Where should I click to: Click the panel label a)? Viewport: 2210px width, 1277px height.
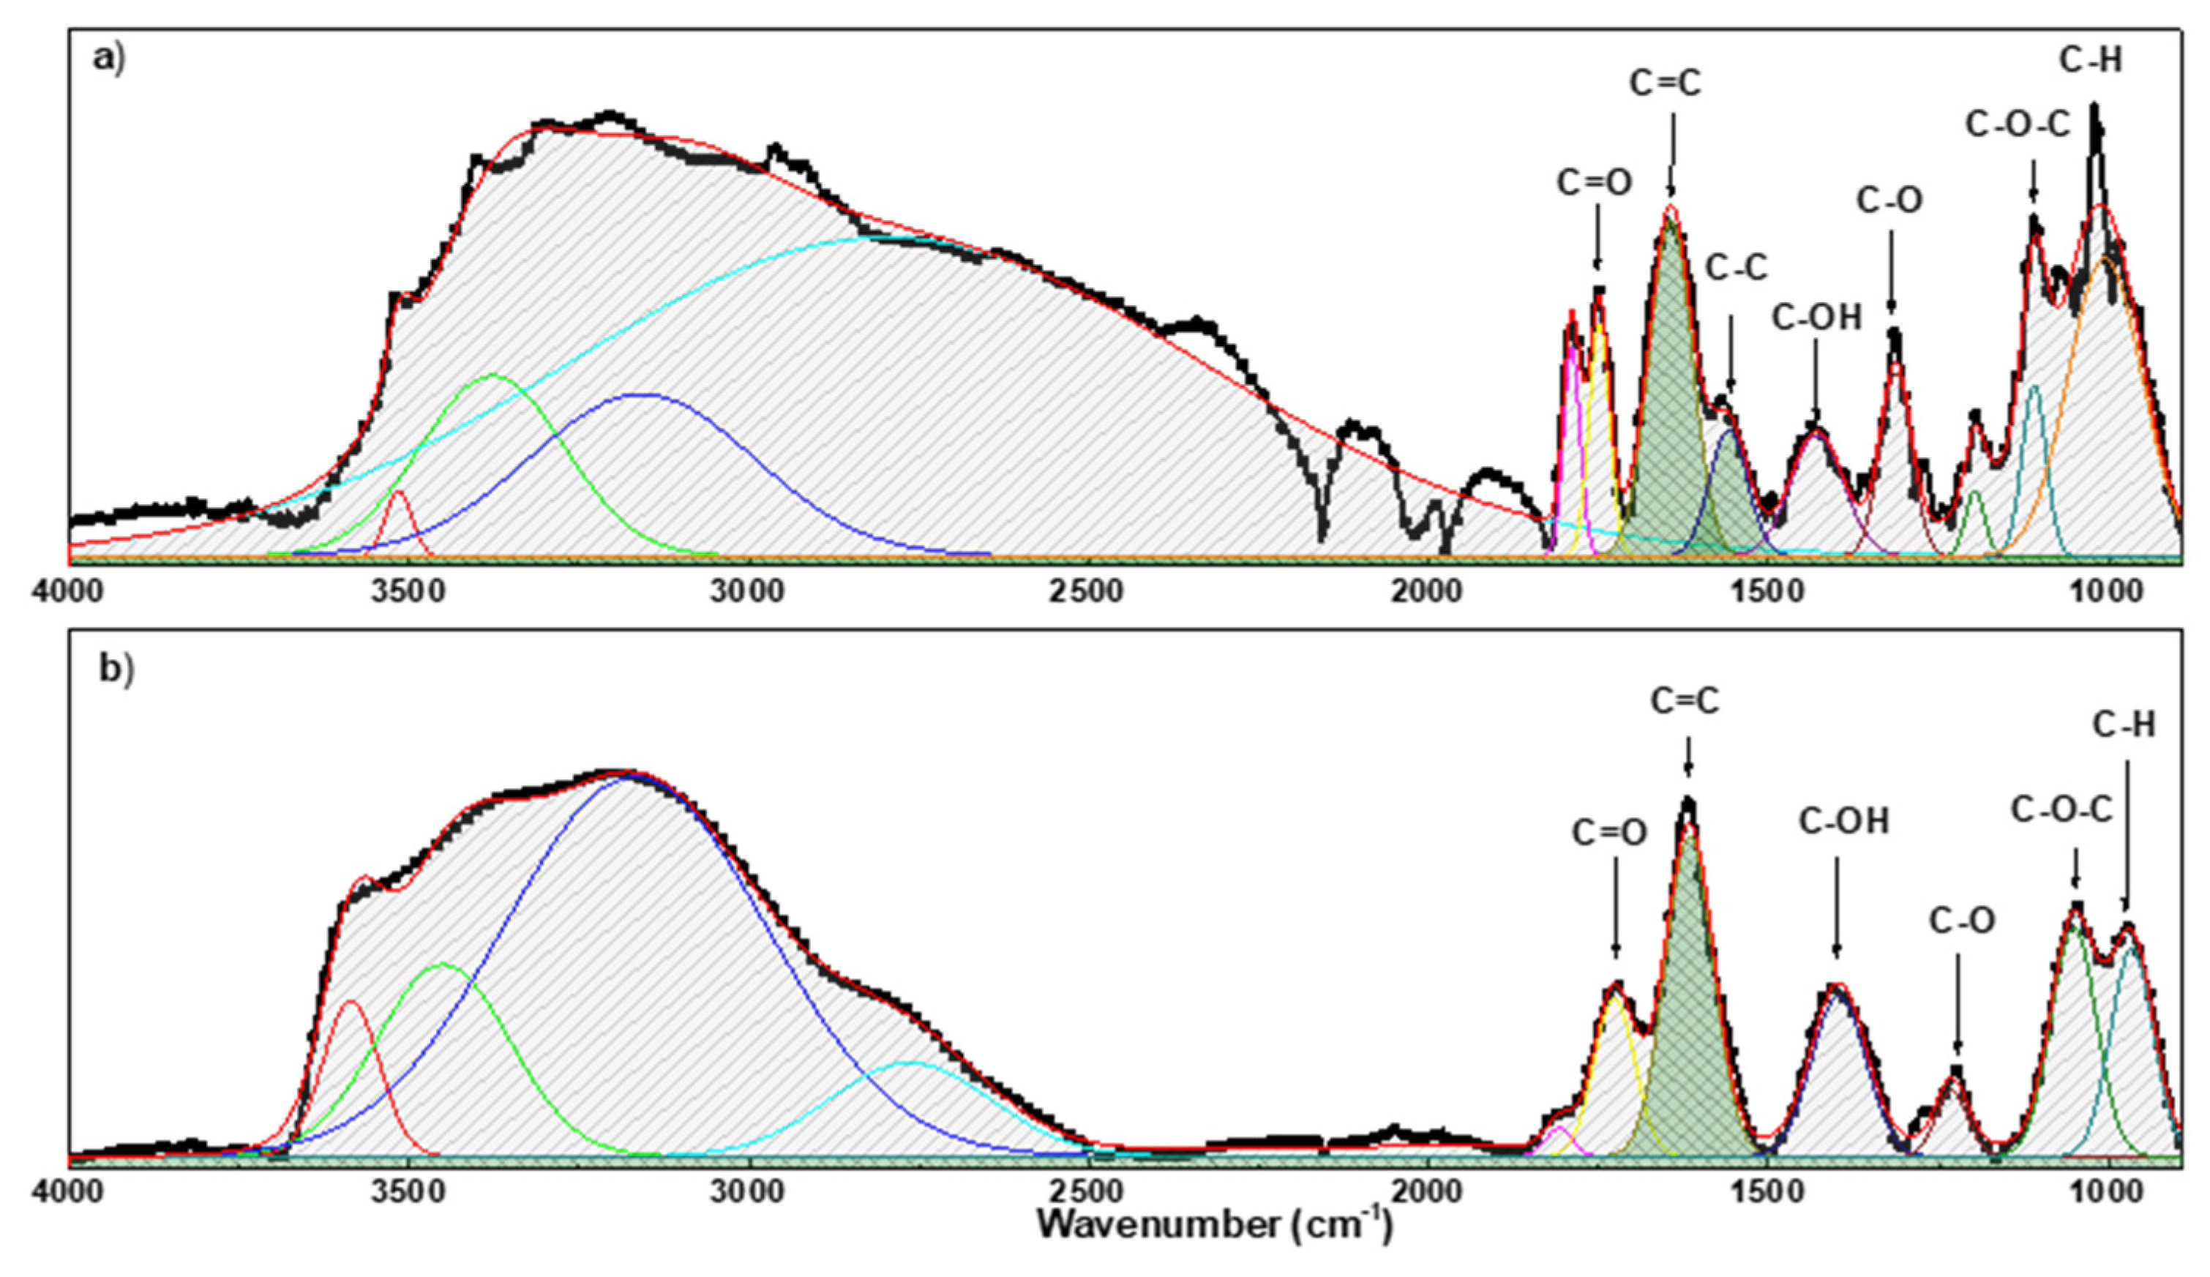click(109, 59)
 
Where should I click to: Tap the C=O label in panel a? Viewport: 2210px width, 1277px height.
click(1594, 182)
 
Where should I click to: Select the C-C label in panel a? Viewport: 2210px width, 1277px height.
click(1736, 268)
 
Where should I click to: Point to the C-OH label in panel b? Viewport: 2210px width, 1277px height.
click(1843, 822)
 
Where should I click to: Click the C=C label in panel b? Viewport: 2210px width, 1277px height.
click(1684, 701)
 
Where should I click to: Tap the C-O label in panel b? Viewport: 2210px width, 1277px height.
click(1962, 921)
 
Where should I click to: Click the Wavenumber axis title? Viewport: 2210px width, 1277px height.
click(1214, 1224)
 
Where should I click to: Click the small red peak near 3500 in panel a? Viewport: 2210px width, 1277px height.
click(398, 494)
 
